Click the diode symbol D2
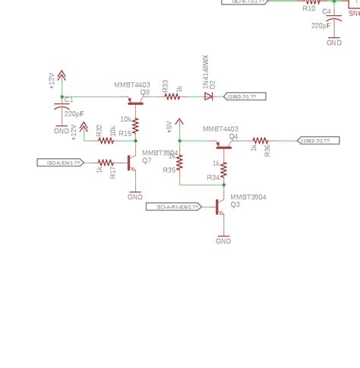[208, 97]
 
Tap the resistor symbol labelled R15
[135, 126]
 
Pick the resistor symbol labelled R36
[261, 141]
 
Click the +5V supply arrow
[179, 122]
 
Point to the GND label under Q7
[135, 197]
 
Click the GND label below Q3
[223, 241]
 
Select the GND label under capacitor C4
[334, 43]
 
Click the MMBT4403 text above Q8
[131, 85]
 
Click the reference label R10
[309, 8]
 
